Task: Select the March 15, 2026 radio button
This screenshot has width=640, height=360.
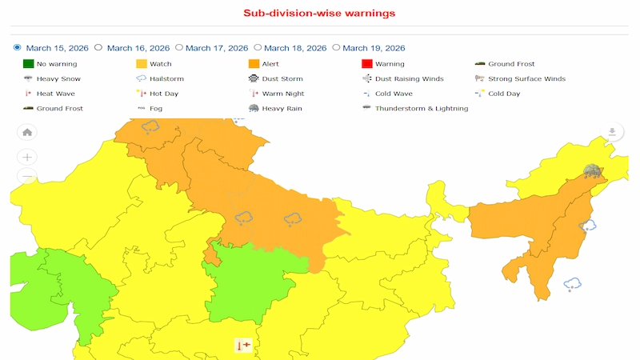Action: coord(18,48)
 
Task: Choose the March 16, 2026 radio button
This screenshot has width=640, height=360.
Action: coord(98,48)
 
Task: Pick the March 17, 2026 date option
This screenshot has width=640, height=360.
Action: coord(179,48)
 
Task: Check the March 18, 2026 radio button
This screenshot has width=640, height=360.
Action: coord(257,48)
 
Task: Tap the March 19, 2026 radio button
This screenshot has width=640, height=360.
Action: coord(336,48)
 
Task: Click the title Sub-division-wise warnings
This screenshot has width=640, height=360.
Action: coord(319,14)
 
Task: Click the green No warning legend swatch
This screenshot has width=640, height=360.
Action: coord(28,64)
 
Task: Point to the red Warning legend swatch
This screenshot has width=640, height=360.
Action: coord(367,64)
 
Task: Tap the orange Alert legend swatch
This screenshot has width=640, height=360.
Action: coord(254,64)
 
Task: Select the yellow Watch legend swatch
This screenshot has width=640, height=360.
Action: coord(142,64)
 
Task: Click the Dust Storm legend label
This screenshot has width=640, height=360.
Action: coord(283,79)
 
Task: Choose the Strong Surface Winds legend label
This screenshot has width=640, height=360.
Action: coord(526,79)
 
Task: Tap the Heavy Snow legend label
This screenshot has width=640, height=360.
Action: coord(58,79)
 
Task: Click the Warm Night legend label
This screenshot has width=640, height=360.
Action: coord(283,94)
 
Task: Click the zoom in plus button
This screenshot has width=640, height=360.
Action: coord(27,157)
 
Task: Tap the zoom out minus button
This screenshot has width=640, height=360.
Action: coord(27,176)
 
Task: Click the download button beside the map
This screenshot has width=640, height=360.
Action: coord(612,132)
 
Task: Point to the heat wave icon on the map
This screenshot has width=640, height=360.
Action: coord(243,346)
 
